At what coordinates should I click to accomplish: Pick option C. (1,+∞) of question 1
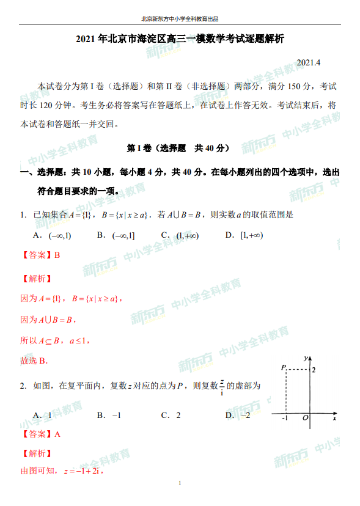(x=179, y=235)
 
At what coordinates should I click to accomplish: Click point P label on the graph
(x=283, y=368)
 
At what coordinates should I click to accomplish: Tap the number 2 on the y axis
(x=314, y=370)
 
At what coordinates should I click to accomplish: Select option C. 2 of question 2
(x=171, y=416)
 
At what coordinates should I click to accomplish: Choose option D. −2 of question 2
(x=238, y=416)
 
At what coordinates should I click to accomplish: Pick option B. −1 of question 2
(x=109, y=416)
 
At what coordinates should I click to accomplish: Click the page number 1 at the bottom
(x=180, y=483)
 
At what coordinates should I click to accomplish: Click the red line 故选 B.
(x=34, y=361)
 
